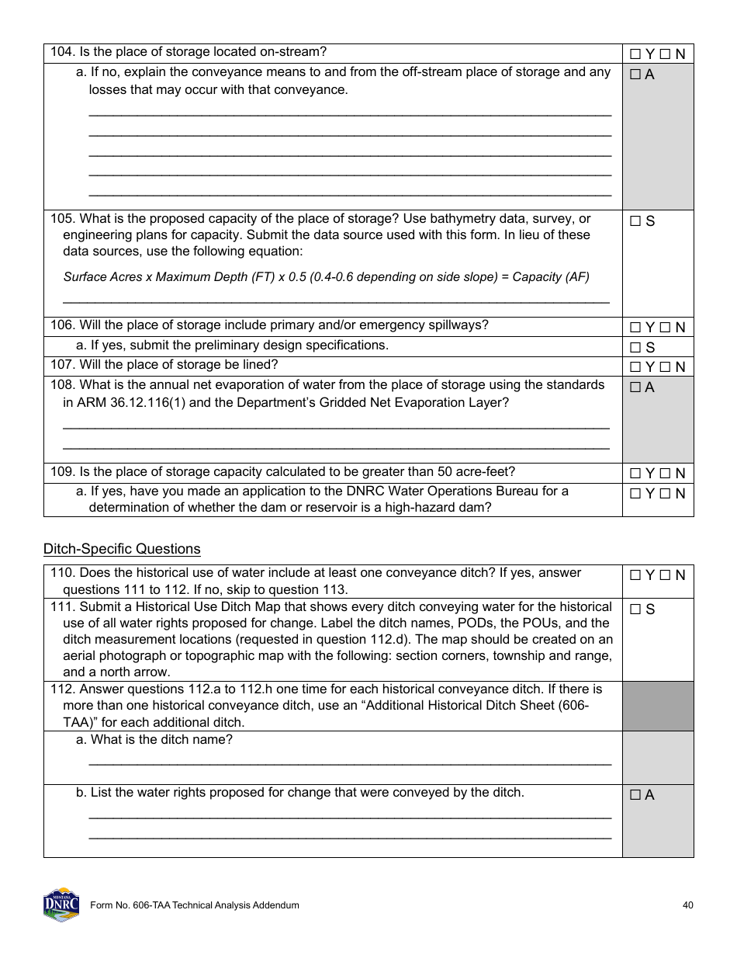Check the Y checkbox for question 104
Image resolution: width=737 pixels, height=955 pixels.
coord(635,54)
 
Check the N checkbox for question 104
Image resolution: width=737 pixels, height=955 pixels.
coord(665,54)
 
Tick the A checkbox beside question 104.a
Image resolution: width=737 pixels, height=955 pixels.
coord(635,75)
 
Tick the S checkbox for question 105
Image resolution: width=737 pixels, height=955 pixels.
coord(635,221)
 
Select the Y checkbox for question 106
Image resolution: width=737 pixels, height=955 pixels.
coord(635,328)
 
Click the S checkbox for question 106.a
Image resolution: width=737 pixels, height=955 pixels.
coord(635,348)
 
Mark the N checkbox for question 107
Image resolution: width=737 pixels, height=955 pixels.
coord(665,367)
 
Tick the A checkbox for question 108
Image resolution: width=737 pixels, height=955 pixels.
coord(635,387)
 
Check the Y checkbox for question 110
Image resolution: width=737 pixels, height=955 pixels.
coord(635,575)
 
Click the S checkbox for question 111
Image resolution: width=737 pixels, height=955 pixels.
coord(635,609)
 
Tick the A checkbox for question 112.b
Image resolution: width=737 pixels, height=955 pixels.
coord(635,795)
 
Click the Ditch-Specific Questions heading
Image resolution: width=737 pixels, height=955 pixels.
coord(122,549)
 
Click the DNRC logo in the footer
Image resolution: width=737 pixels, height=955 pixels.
coord(61,905)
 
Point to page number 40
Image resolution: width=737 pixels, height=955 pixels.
coord(687,905)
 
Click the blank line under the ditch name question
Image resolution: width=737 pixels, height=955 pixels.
coord(350,764)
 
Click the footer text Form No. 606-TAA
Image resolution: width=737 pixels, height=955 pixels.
coord(194,905)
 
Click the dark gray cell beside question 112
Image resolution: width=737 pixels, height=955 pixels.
coord(658,706)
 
